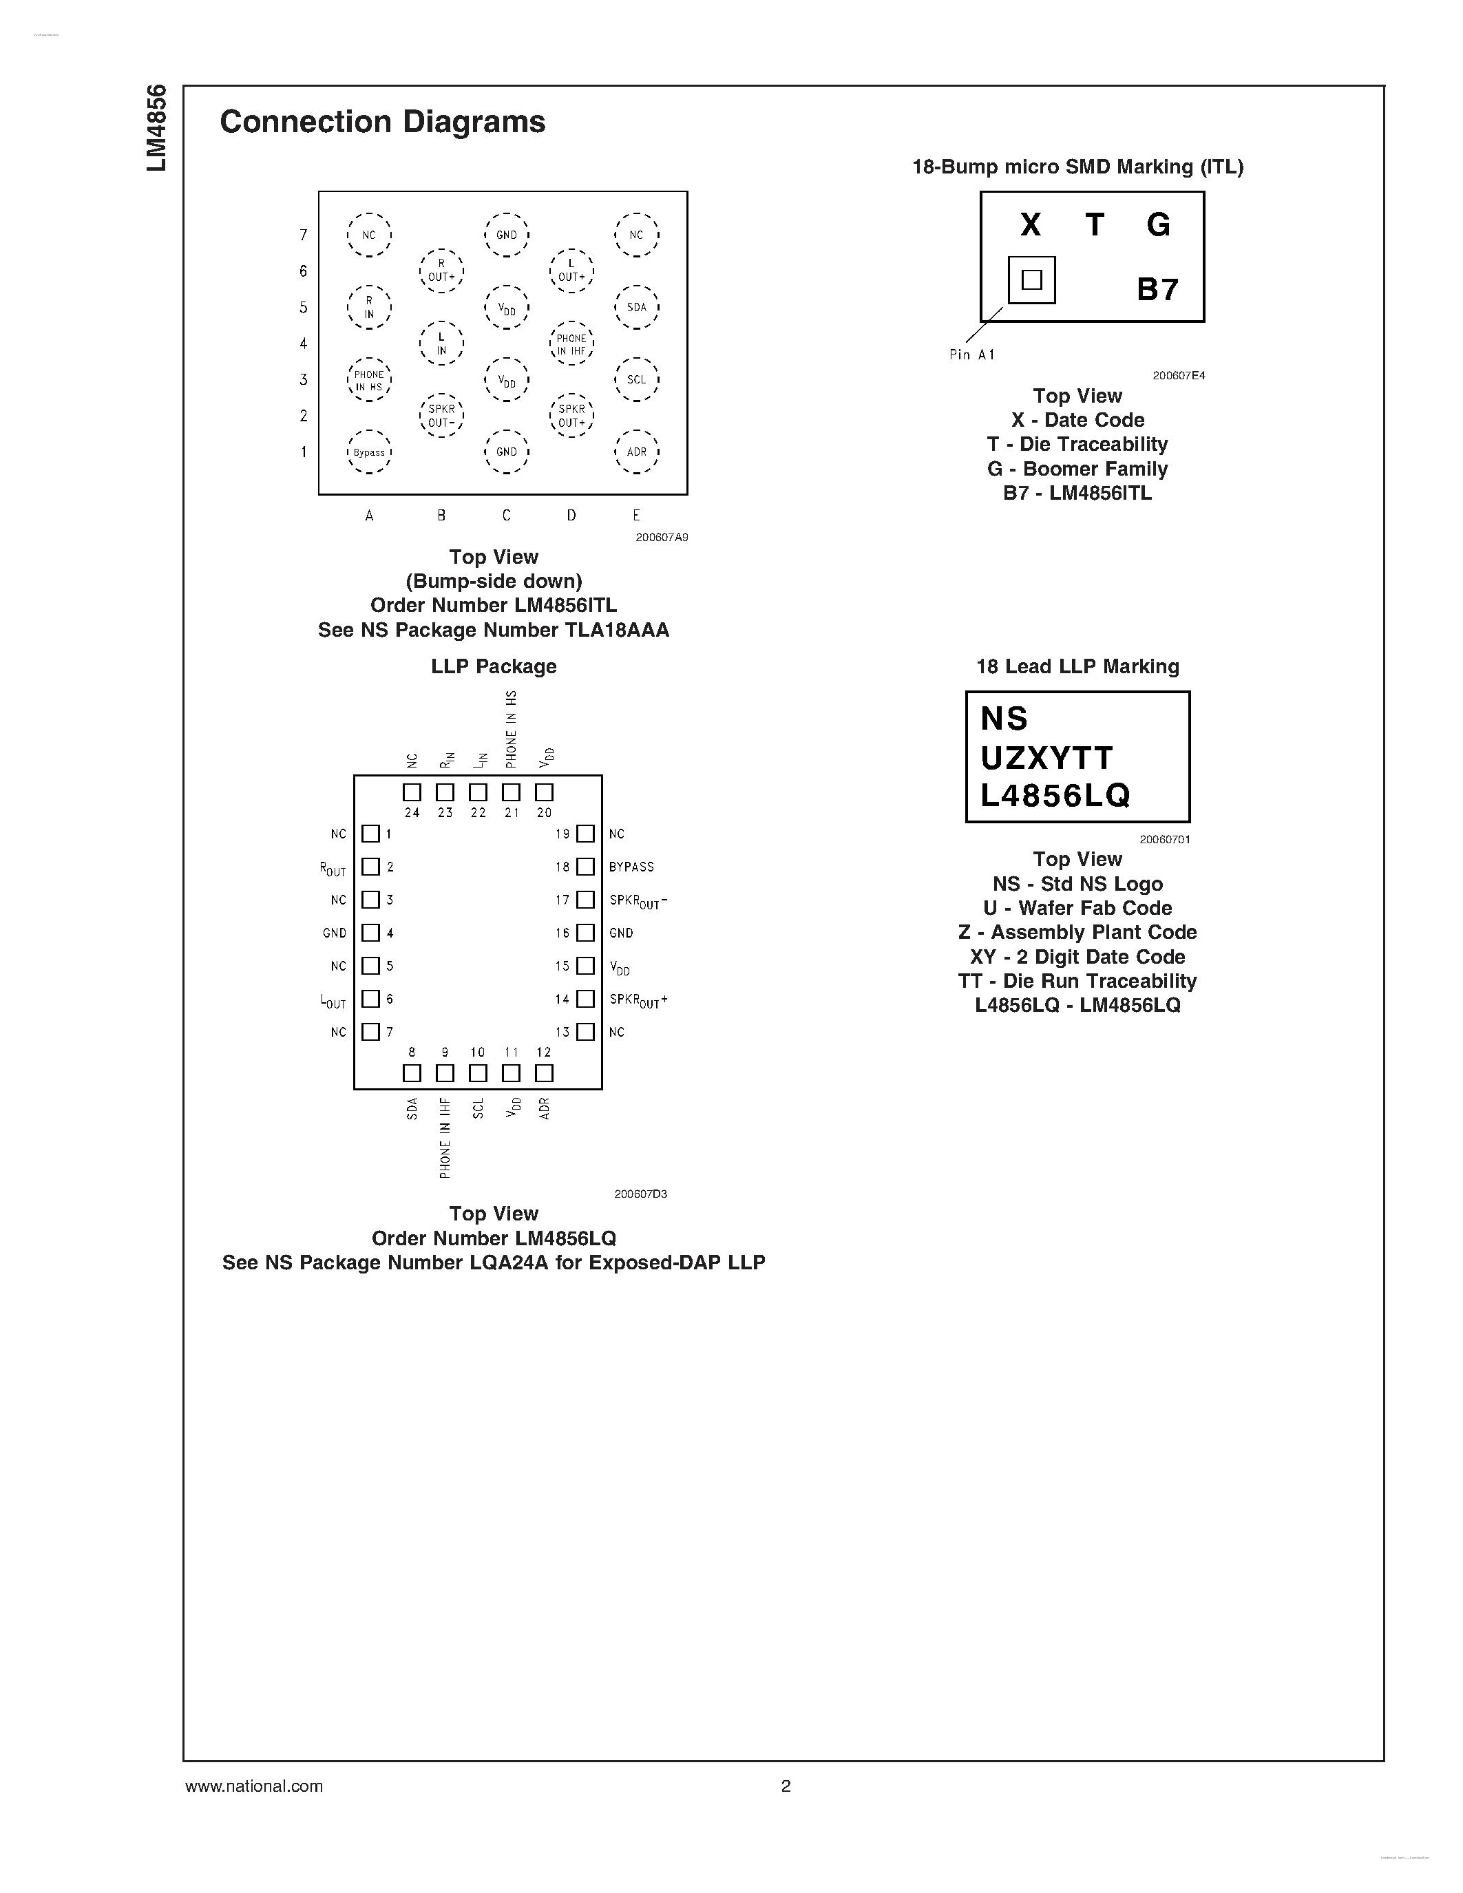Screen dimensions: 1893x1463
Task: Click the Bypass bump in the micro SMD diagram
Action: (x=369, y=452)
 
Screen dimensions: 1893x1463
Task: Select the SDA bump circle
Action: (x=636, y=307)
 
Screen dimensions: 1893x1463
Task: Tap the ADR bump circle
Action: (x=636, y=452)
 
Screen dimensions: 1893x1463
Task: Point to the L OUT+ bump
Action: (x=571, y=271)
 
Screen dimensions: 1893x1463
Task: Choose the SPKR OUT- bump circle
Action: (x=441, y=415)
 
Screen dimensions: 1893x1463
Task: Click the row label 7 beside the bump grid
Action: (x=304, y=235)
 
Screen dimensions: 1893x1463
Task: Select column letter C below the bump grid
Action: (x=506, y=515)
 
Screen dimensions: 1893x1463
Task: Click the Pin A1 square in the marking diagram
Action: (x=1031, y=280)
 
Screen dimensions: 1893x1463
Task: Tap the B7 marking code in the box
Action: (x=1157, y=290)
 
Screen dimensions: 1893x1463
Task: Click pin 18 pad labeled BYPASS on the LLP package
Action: (x=586, y=867)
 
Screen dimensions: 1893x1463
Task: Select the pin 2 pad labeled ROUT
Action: (x=371, y=867)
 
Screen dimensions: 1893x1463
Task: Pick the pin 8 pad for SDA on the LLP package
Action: (x=412, y=1073)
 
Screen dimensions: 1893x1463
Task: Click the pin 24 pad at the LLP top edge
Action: (x=412, y=792)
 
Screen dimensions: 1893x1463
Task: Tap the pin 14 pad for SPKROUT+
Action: (x=586, y=999)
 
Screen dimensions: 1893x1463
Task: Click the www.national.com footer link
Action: (x=254, y=1786)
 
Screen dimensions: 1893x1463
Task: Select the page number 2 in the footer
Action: (x=786, y=1786)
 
